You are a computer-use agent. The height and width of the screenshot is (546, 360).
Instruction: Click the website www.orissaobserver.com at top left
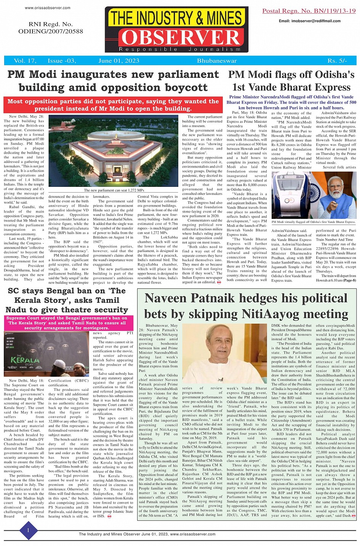click(48, 8)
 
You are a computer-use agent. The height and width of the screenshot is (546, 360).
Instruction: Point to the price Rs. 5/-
click(337, 61)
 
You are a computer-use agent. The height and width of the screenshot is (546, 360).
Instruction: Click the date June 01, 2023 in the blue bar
click(118, 61)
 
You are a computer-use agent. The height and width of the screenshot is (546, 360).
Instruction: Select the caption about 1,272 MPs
click(114, 190)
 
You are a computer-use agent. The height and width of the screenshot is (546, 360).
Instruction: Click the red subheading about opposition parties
click(113, 105)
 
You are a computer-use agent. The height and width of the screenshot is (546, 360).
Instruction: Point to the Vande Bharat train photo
click(314, 195)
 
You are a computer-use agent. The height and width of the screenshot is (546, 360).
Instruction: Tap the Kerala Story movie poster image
click(47, 353)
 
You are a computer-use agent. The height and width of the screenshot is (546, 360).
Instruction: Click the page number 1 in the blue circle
click(28, 530)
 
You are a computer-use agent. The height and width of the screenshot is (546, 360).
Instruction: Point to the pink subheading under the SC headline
click(67, 323)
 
